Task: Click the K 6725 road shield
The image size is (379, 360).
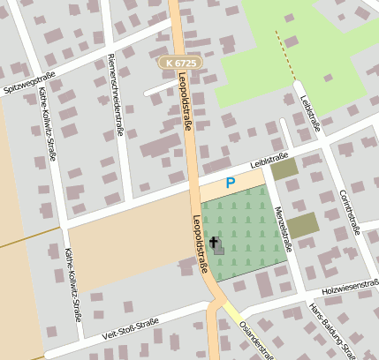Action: (181, 63)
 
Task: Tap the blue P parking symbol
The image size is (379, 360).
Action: (231, 183)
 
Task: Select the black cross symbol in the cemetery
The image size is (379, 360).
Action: (214, 241)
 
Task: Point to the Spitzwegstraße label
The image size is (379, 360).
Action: (29, 83)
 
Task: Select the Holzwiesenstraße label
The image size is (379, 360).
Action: (350, 285)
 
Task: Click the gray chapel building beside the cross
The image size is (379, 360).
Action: (219, 250)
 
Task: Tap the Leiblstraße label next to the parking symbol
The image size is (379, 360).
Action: (270, 161)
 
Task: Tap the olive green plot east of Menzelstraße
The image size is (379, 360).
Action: (302, 224)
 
